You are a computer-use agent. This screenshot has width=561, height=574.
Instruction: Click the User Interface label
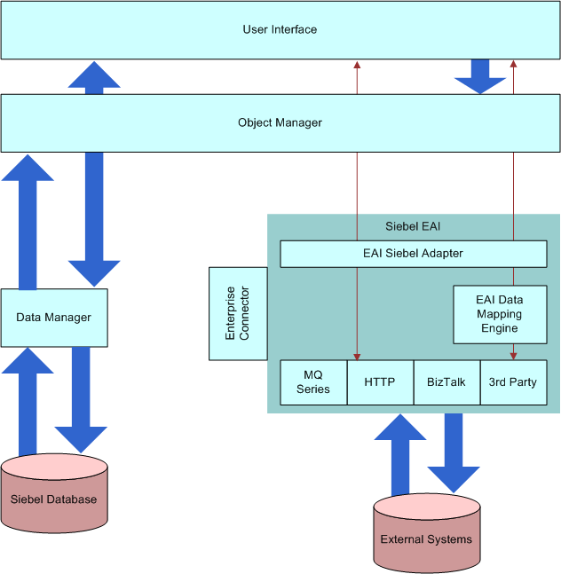coord(280,29)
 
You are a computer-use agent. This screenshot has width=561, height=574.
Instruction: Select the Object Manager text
coord(280,122)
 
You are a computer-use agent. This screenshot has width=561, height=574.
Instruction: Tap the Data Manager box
coord(54,317)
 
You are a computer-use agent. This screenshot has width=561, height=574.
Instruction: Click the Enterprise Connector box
coord(237,313)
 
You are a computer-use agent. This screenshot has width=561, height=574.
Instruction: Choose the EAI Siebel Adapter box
coord(413,254)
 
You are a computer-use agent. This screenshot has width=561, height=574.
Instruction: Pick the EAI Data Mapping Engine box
coord(500,314)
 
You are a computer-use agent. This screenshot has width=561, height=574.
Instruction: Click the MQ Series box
coord(312,382)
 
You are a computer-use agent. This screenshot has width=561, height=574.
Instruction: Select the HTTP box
coord(380,382)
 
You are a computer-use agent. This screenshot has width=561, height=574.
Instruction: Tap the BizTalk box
coord(446,382)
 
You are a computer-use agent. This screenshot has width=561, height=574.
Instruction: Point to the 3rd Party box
coord(513,382)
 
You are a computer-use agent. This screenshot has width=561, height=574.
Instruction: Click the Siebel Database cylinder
coord(54,499)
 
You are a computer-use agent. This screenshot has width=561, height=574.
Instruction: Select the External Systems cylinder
coord(426,537)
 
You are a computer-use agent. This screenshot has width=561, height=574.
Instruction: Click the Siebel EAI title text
coord(413,226)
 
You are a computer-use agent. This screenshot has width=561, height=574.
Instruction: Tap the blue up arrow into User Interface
coord(94,77)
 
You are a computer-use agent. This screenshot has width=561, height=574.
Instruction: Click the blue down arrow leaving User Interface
coord(480,77)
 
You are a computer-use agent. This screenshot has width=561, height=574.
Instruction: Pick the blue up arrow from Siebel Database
coord(28,399)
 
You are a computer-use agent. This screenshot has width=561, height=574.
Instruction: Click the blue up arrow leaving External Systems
coord(400,452)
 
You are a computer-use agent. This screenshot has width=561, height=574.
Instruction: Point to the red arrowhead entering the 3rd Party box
coord(513,355)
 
